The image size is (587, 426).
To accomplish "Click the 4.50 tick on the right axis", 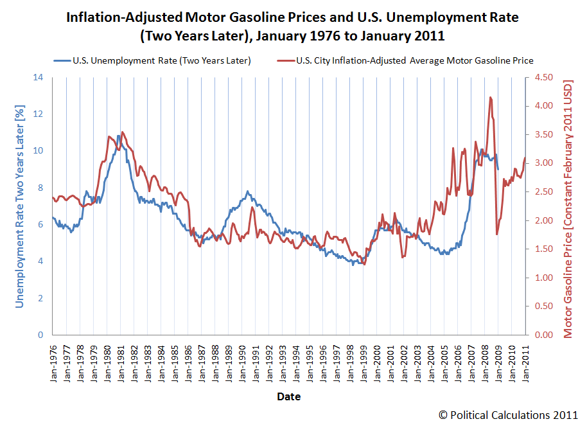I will pos(541,77).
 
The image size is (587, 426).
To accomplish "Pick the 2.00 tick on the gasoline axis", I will pos(541,220).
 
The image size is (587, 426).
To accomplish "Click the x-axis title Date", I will pos(288,396).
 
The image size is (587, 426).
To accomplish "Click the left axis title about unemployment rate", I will pos(19,206).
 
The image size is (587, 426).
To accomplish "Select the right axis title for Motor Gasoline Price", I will pos(568,206).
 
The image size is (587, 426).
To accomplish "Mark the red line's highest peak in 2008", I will pos(490,97).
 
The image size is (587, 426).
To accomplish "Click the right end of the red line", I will pos(525,157).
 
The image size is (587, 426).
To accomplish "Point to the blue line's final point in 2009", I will pos(498,170).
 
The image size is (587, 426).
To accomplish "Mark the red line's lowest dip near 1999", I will pos(364,264).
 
